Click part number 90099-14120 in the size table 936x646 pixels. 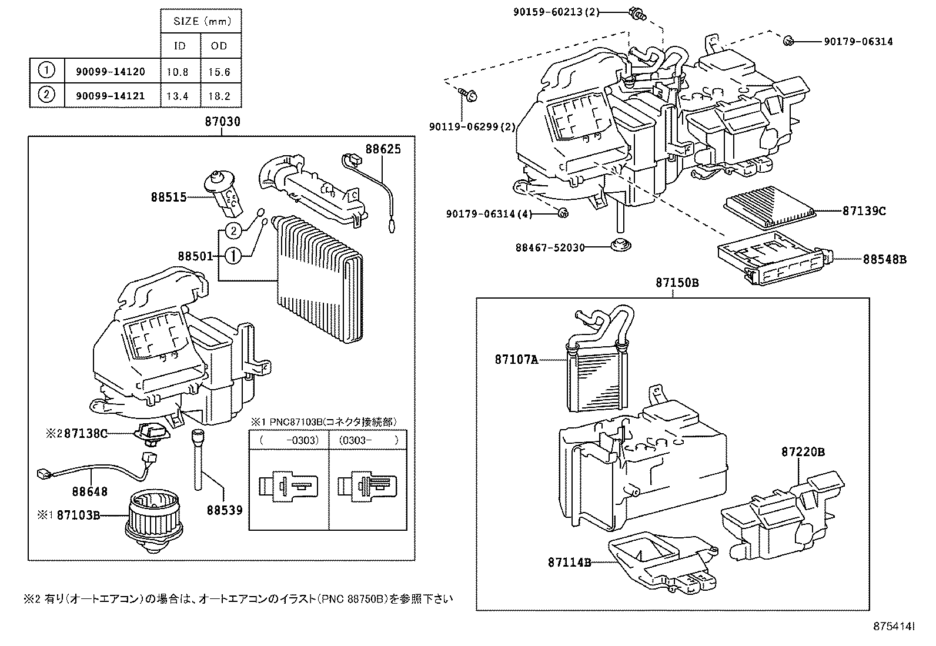[111, 72]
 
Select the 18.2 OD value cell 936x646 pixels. [219, 96]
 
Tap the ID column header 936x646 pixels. [180, 46]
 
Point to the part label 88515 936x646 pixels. [168, 198]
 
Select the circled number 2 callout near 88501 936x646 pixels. [233, 230]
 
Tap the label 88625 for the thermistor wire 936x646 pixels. [383, 149]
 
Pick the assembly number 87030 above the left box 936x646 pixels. [222, 122]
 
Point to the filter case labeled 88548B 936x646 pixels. [773, 259]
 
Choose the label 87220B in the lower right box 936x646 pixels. [803, 452]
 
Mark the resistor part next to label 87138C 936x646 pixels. [151, 434]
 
